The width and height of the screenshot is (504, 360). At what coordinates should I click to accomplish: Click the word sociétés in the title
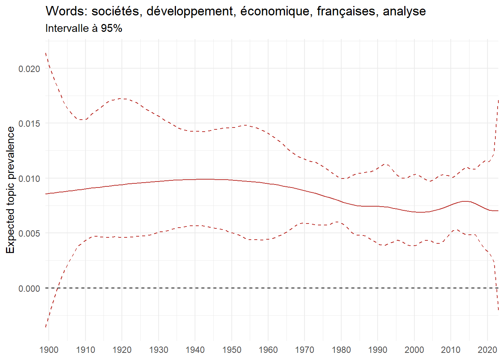116,12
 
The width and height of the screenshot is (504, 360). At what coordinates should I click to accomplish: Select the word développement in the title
190,12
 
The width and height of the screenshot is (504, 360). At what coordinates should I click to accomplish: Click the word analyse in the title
404,12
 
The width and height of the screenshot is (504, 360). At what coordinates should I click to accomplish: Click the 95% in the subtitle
111,28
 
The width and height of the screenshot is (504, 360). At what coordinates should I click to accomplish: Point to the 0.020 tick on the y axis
29,69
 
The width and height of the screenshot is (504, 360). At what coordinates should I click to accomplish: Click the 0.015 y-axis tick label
29,124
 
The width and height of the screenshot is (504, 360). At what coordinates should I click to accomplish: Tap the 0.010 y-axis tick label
29,178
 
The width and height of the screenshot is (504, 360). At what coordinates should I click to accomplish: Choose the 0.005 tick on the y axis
29,233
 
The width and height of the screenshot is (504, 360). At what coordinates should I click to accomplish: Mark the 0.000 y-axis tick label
29,288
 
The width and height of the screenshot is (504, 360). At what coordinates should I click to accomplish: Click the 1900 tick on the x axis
49,350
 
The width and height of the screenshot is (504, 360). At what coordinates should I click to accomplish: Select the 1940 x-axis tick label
195,350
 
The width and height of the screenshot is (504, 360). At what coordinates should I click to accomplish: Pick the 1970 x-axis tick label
304,350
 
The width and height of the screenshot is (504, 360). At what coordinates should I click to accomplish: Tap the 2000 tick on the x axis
414,350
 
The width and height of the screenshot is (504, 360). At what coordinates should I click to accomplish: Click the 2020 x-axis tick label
487,350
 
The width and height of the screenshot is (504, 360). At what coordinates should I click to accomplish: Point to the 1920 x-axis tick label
122,350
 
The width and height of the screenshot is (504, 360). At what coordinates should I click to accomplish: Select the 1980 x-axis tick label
341,350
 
